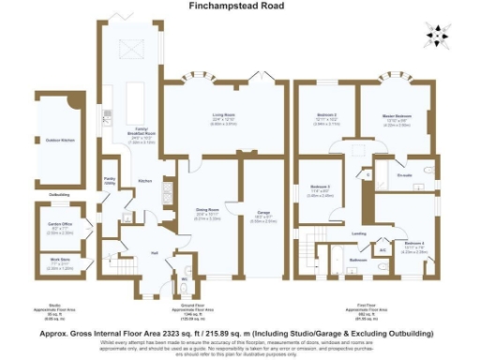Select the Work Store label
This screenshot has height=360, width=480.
(x=60, y=263)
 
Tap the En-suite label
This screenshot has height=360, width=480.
(x=406, y=174)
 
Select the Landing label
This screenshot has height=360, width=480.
(x=358, y=232)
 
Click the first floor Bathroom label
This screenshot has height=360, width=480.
(x=358, y=259)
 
